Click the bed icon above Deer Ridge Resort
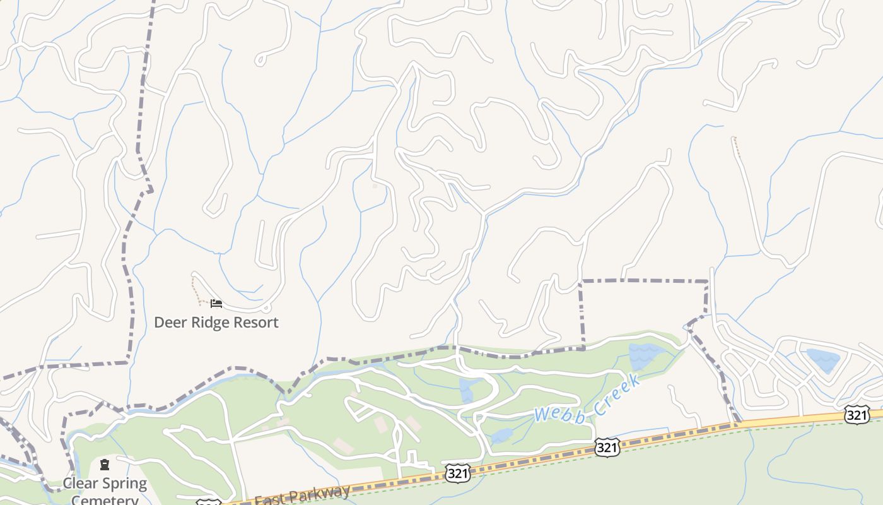coord(216,304)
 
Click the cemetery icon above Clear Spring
coord(105,465)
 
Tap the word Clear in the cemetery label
coord(79,484)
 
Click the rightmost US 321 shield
coord(857,415)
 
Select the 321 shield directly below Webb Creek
coord(606,448)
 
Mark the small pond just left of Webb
coord(502,436)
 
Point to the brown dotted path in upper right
coord(736,146)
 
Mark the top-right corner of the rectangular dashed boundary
coord(708,282)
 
